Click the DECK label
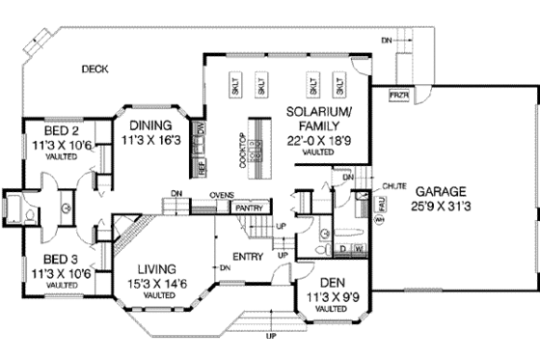tap(94, 68)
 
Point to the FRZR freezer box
tap(397, 97)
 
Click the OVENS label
tap(223, 196)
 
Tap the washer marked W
tap(360, 249)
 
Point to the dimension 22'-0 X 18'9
tap(317, 140)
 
